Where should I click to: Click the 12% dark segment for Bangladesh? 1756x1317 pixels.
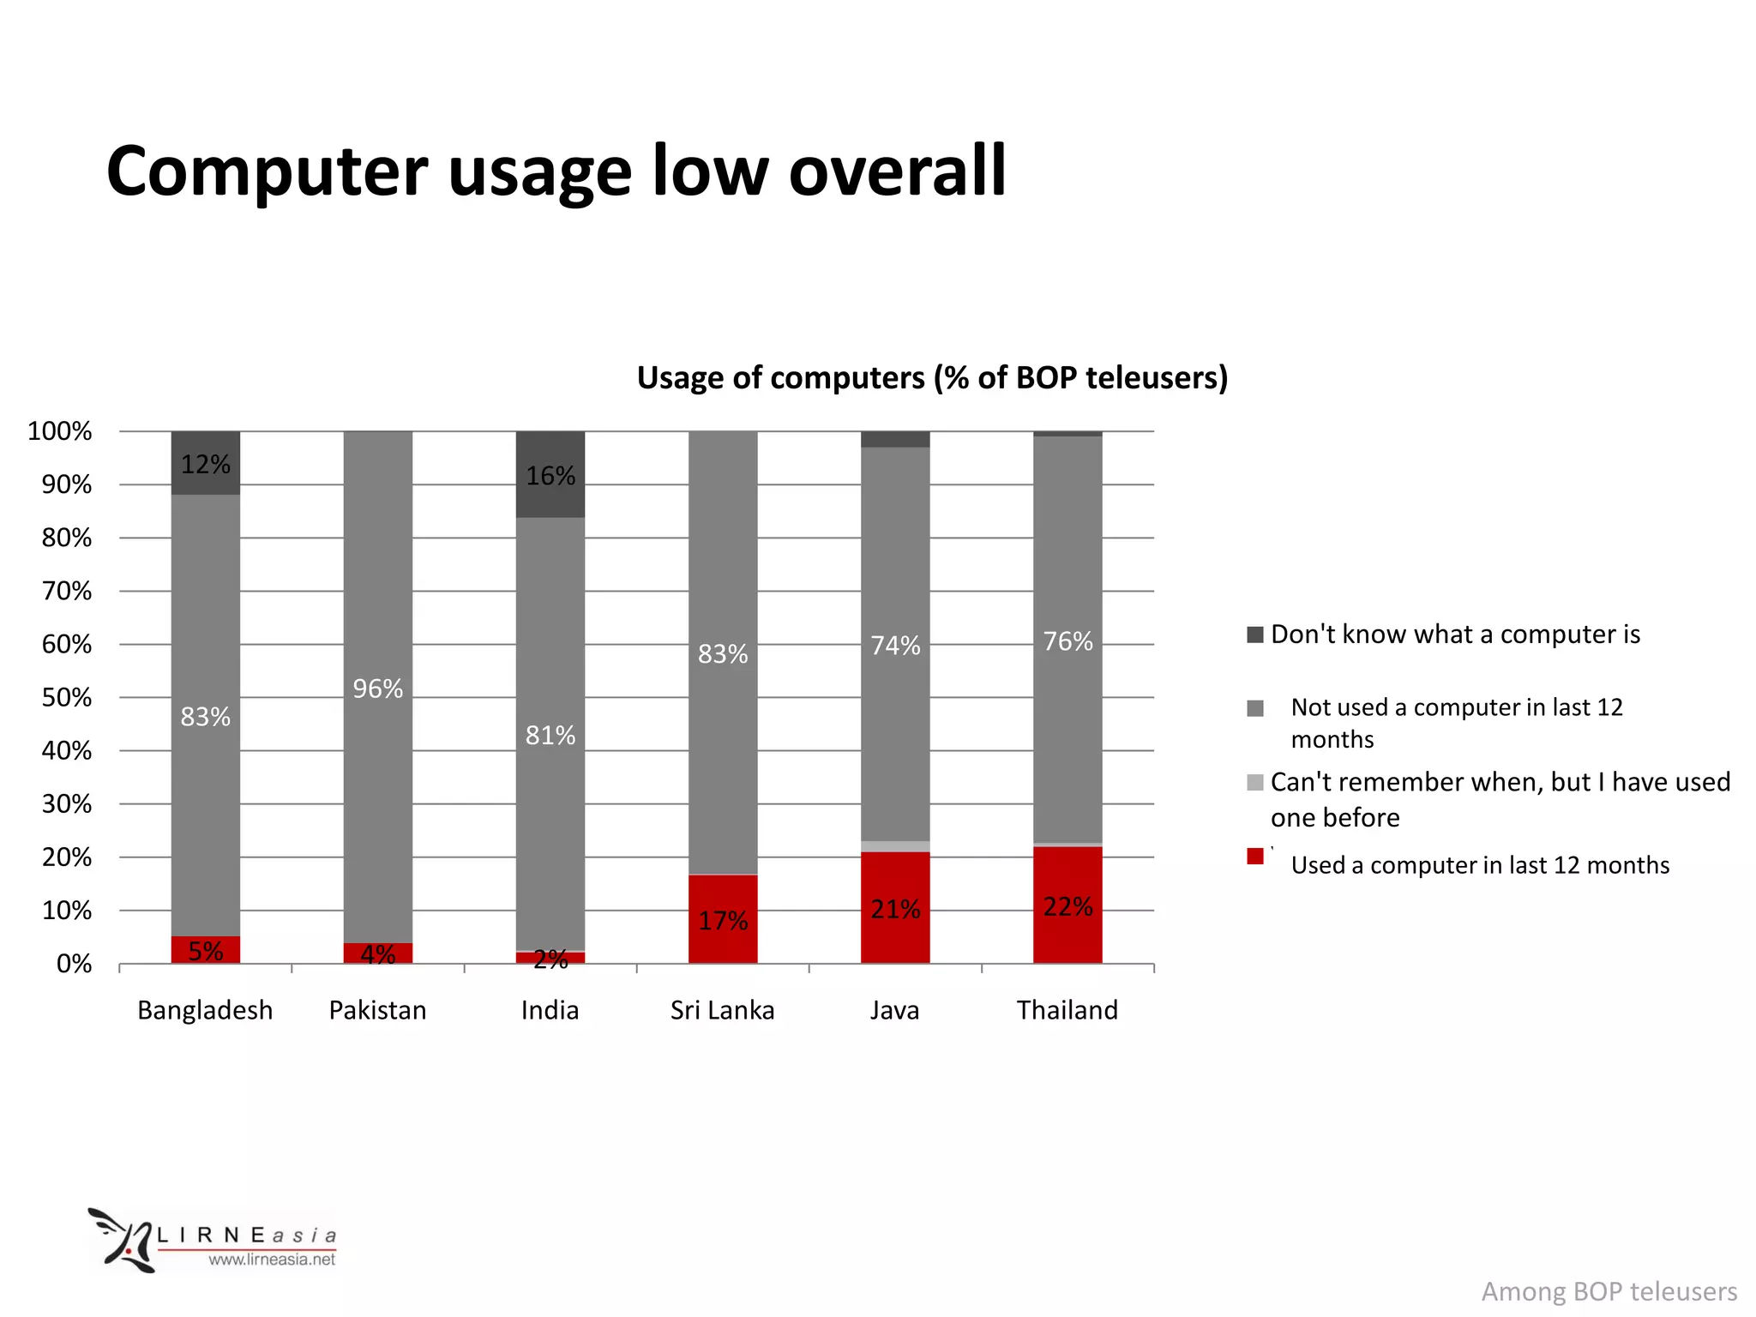point(206,463)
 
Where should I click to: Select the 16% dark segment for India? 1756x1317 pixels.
point(550,474)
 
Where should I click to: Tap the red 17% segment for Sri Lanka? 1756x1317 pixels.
point(723,919)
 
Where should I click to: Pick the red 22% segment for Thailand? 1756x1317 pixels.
point(1067,905)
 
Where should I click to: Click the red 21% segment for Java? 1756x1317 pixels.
point(895,908)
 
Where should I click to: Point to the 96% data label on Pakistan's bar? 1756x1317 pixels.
point(378,689)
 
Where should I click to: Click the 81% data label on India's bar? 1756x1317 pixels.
point(550,735)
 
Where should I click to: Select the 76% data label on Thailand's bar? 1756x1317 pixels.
point(1067,641)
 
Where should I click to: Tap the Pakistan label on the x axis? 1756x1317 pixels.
point(377,1010)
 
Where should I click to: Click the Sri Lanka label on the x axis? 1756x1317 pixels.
point(722,1010)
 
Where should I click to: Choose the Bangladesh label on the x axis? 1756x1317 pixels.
point(205,1010)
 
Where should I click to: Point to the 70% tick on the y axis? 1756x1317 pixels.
point(67,591)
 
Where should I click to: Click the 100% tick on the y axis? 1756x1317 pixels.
point(60,431)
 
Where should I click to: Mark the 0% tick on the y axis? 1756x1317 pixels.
point(74,964)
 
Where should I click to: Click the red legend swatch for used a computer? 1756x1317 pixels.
point(1255,857)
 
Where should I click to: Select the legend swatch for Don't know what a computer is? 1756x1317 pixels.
point(1255,634)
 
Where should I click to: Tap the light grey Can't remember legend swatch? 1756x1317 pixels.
point(1255,782)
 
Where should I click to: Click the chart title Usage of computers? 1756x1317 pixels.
point(932,377)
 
